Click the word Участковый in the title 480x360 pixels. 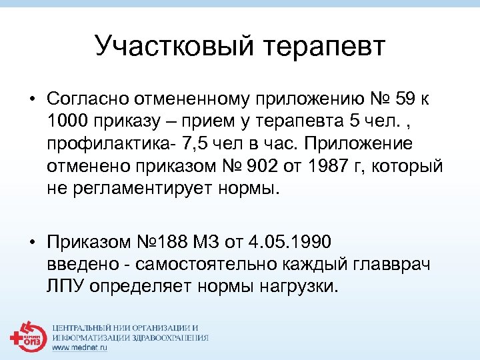coord(171,47)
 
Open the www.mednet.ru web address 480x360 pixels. coord(79,349)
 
